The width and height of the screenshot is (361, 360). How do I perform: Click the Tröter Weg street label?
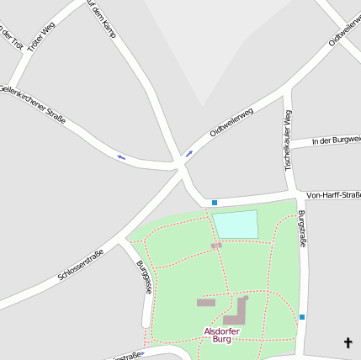pyautogui.click(x=40, y=37)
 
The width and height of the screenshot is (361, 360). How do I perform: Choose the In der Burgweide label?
pyautogui.click(x=336, y=140)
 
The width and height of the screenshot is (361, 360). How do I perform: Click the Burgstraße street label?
pyautogui.click(x=301, y=229)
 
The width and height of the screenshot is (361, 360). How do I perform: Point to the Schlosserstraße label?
pyautogui.click(x=82, y=264)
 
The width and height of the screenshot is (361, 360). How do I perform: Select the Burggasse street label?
pyautogui.click(x=144, y=276)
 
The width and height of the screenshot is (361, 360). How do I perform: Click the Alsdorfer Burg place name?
pyautogui.click(x=222, y=335)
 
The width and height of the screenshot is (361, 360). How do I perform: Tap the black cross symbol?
pyautogui.click(x=348, y=342)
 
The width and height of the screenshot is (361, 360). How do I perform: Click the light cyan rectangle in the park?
pyautogui.click(x=235, y=225)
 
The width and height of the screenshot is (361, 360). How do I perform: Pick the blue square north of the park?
pyautogui.click(x=215, y=203)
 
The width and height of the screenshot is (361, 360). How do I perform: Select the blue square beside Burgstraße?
pyautogui.click(x=302, y=316)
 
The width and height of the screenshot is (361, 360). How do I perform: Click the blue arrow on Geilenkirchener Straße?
pyautogui.click(x=121, y=156)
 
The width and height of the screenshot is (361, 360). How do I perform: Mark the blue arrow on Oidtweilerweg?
pyautogui.click(x=188, y=153)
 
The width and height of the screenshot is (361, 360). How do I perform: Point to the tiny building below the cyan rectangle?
pyautogui.click(x=216, y=246)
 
